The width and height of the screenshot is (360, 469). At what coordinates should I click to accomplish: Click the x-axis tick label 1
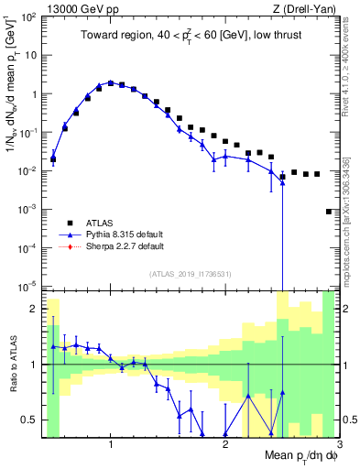(x=111, y=444)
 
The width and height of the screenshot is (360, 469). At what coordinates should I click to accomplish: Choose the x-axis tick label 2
(x=225, y=444)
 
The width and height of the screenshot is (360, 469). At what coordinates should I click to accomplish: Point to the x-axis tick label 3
(x=339, y=444)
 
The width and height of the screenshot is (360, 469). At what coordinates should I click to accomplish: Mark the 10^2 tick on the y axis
(x=27, y=16)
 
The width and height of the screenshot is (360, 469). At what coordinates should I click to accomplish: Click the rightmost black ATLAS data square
(x=329, y=212)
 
